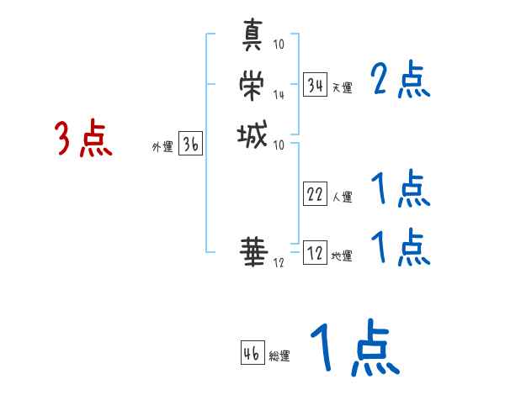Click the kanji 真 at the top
coord(252,36)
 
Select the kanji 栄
coord(252,84)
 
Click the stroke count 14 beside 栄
coord(279,94)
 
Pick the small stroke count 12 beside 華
coord(279,263)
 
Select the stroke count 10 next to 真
coord(279,45)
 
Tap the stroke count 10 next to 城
coord(279,145)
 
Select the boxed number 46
coord(252,353)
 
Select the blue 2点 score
coord(401,81)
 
